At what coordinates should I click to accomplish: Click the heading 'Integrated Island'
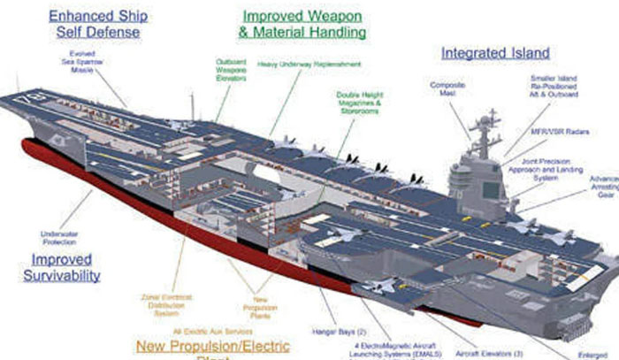[x=495, y=54]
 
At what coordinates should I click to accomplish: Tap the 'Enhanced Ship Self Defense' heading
[x=98, y=25]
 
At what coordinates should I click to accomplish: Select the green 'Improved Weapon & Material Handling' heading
[x=302, y=24]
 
